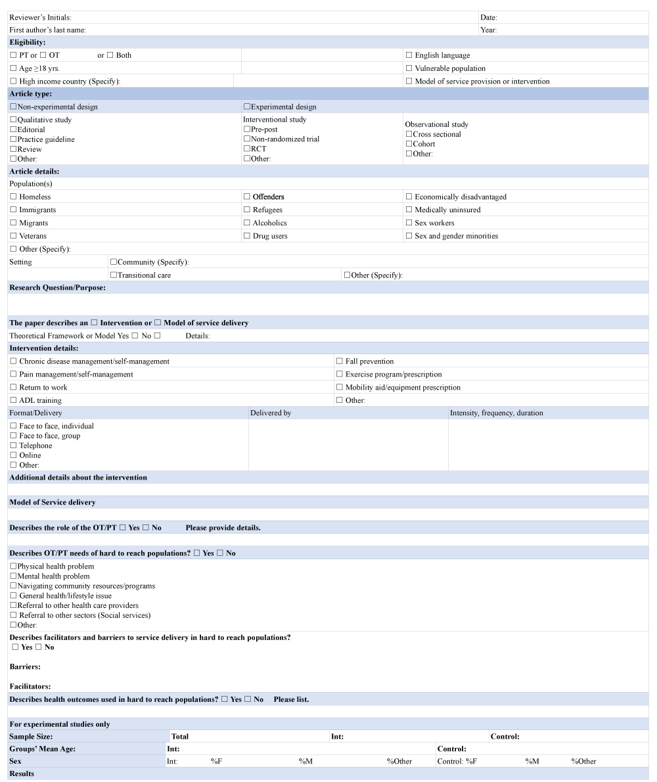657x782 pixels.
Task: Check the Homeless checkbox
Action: (13, 197)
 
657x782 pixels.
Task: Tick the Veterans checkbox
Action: (13, 236)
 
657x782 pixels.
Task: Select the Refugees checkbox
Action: (247, 210)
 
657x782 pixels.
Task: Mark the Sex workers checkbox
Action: (409, 223)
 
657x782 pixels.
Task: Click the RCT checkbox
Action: (247, 149)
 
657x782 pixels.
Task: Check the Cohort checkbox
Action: (409, 144)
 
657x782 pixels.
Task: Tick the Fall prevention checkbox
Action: (340, 361)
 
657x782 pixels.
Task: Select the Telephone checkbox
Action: (13, 446)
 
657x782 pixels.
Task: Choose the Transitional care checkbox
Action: (114, 275)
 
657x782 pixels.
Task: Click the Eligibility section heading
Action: (28, 42)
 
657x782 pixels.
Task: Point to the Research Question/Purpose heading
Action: (58, 287)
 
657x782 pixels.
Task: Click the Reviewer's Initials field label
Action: (40, 17)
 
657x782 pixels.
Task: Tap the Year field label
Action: (488, 30)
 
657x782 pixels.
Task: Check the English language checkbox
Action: (409, 56)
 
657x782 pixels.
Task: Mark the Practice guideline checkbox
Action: (13, 139)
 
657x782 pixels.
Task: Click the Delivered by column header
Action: (271, 413)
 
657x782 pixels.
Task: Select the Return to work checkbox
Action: (13, 388)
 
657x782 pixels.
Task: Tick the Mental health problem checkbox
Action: (13, 576)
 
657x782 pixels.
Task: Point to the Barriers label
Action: (25, 666)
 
